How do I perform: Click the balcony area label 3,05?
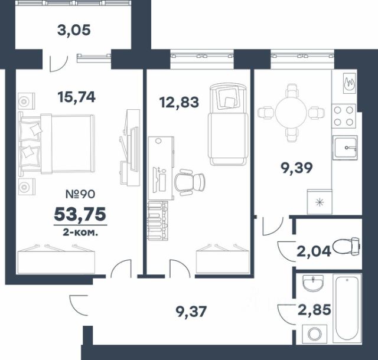click(x=74, y=31)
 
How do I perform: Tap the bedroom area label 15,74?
click(x=76, y=97)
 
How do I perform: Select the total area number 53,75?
click(x=80, y=214)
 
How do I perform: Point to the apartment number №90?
click(x=80, y=194)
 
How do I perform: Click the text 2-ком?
click(x=80, y=233)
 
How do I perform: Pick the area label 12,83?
click(x=179, y=102)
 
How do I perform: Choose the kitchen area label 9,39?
click(x=296, y=168)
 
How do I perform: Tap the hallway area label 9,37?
click(x=191, y=312)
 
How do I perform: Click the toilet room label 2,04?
click(x=314, y=251)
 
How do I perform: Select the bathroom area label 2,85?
click(x=314, y=310)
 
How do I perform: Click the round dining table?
click(x=291, y=112)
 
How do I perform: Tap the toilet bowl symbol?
click(x=346, y=246)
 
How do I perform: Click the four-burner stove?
click(x=344, y=116)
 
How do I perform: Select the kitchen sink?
click(x=345, y=148)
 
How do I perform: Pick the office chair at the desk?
click(x=190, y=182)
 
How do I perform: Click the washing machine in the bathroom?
click(x=315, y=334)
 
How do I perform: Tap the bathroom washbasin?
click(x=314, y=283)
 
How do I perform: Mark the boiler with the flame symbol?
click(x=349, y=83)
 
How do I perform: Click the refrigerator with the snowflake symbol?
click(x=320, y=202)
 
